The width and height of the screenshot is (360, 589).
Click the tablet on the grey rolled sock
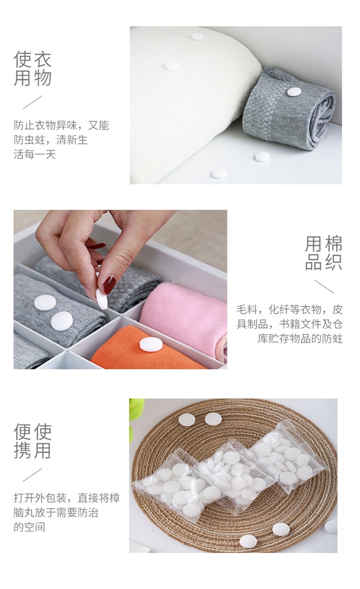pos(294,92)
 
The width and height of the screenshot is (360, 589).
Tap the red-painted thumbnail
pos(109,285)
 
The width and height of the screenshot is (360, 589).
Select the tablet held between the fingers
pos(102,299)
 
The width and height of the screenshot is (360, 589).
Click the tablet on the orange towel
pos(151,344)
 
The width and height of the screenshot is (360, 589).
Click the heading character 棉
pos(334,244)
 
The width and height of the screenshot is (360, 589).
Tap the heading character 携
pos(23,450)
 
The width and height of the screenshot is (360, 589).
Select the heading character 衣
pos(43,59)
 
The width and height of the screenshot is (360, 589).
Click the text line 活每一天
pos(35,154)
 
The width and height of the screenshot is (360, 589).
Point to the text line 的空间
pos(29,527)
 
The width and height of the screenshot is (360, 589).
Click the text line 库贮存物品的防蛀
pos(300,339)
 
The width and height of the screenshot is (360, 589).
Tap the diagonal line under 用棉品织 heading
pos(324,286)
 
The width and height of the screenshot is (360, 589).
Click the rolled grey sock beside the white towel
pos(288,108)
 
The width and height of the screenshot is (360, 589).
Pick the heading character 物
pos(43,78)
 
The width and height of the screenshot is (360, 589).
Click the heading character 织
pos(334,262)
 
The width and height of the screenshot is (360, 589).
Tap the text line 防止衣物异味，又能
pos(62,125)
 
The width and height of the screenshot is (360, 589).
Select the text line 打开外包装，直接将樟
pos(67,498)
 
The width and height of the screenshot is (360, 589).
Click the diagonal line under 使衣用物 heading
pos(32,102)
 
